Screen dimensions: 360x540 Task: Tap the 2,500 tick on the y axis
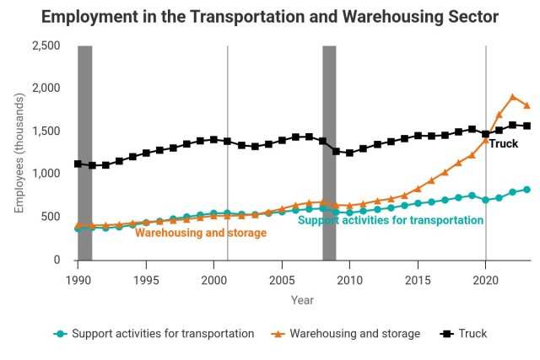[x=46, y=46]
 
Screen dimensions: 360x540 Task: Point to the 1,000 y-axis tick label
[x=46, y=175]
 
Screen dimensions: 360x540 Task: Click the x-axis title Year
[x=302, y=299]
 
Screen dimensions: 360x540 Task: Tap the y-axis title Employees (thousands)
[x=19, y=153]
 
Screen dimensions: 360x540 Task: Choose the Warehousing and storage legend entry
[x=347, y=334]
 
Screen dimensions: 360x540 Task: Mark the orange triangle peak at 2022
[x=513, y=97]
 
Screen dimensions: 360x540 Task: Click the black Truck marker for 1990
[x=78, y=164]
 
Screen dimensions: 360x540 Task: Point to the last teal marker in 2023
[x=526, y=190]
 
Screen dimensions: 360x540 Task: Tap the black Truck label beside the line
[x=504, y=144]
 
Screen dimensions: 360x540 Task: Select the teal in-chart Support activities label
[x=391, y=220]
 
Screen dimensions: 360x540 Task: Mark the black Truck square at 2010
[x=349, y=153]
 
